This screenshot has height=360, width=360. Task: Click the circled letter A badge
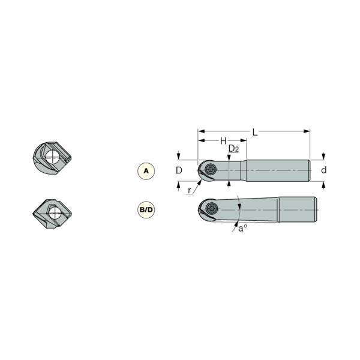[146, 171]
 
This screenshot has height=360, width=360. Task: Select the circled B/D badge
[146, 209]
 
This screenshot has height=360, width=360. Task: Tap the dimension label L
[255, 132]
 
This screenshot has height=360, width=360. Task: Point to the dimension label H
[223, 141]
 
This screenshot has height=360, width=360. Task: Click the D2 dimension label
[234, 149]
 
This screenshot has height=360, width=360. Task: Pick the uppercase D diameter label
[179, 170]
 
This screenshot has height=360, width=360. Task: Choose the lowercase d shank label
[324, 170]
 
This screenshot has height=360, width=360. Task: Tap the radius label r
[189, 190]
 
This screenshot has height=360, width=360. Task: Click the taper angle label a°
[242, 229]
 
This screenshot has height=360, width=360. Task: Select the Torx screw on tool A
[211, 170]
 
